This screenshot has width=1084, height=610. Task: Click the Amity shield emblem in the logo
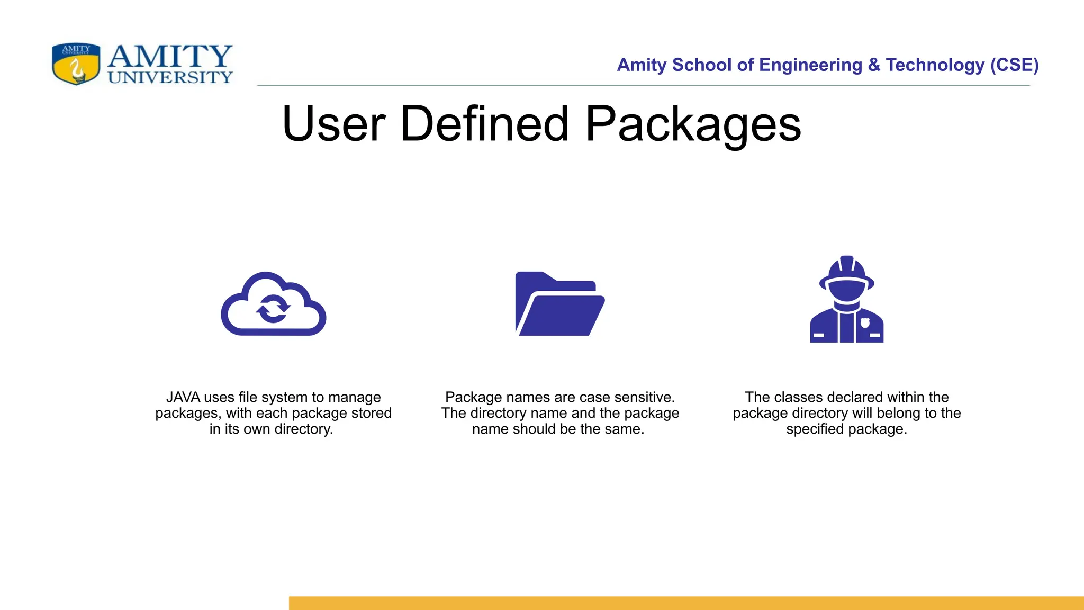point(76,64)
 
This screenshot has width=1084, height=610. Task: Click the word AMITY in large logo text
point(170,56)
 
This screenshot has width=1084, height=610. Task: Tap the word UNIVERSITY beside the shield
point(170,78)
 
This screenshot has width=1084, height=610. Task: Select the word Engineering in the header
point(810,65)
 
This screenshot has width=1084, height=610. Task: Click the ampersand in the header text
point(874,65)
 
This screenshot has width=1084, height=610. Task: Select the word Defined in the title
point(484,124)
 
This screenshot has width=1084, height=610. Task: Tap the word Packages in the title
point(693,126)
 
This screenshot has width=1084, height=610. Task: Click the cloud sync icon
point(273,304)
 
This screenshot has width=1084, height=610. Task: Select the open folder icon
point(559,304)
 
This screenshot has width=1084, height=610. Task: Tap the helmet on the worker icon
point(846,272)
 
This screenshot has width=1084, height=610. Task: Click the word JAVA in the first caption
point(183,397)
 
